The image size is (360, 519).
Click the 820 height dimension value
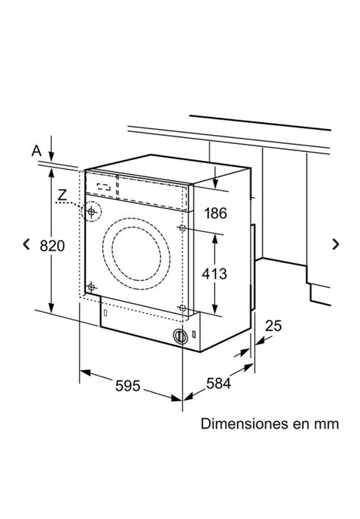[52, 246]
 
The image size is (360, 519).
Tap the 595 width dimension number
[127, 386]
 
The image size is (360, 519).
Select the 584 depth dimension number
[219, 383]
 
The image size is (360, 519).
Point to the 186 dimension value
[216, 214]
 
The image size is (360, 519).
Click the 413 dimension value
[215, 274]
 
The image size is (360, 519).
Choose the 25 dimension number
[273, 325]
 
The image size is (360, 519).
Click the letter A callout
[37, 151]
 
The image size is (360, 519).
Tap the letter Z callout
[62, 195]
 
